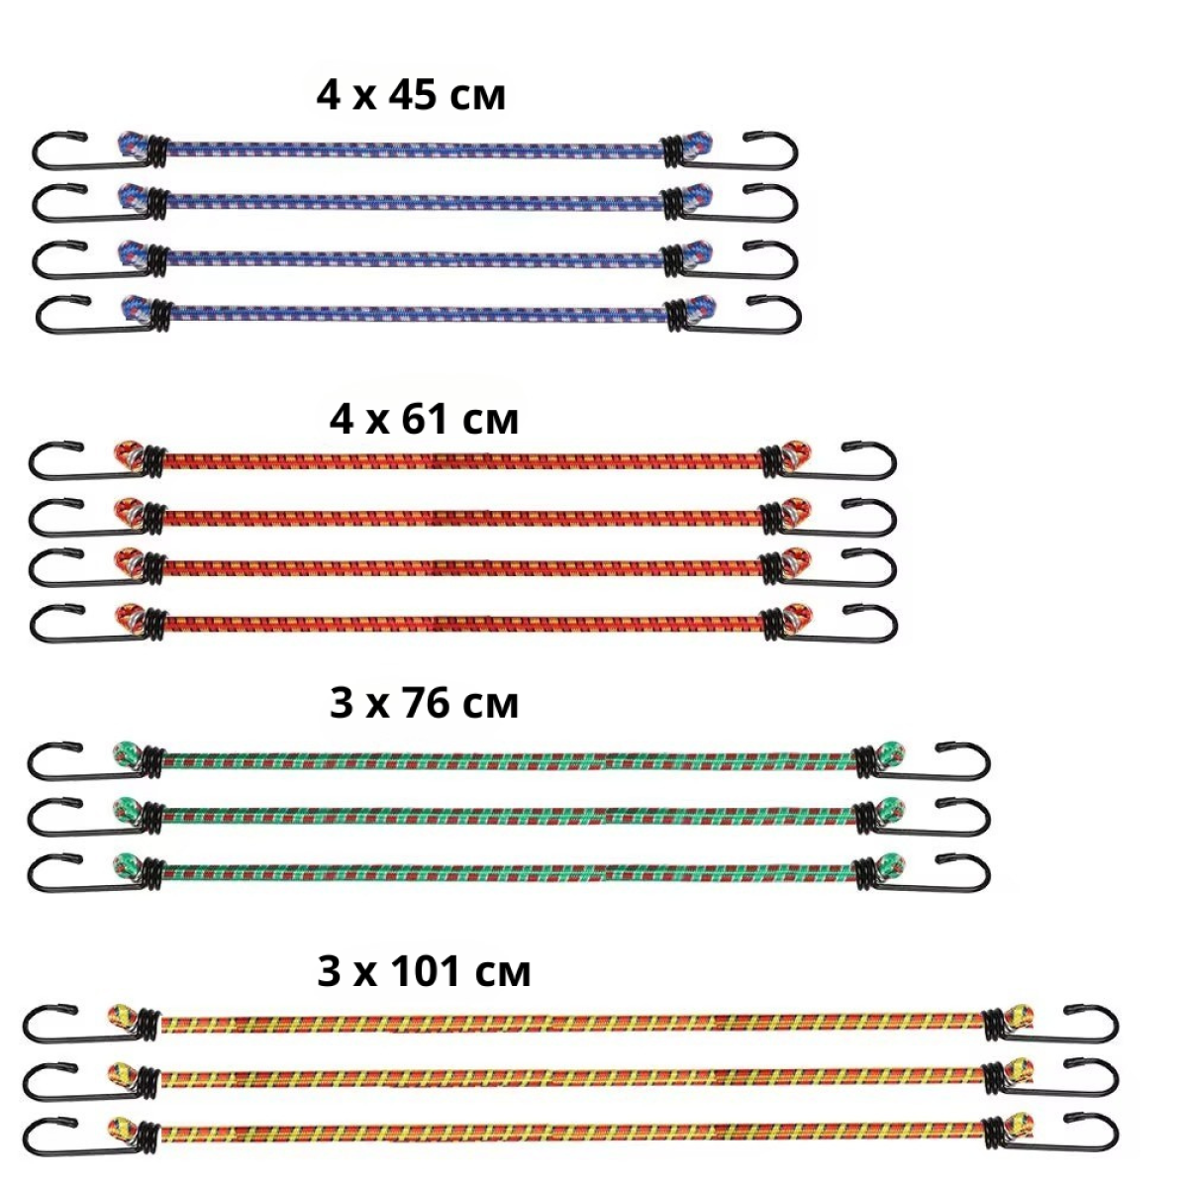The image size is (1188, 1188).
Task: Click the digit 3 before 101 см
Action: [329, 972]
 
